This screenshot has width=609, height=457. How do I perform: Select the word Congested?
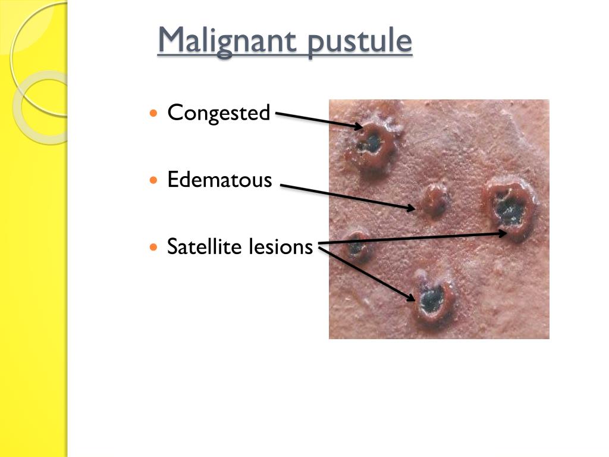[218, 112]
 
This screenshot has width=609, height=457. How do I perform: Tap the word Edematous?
[219, 179]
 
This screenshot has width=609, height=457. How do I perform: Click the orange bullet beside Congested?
[155, 112]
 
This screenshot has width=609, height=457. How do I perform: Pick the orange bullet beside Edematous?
[155, 179]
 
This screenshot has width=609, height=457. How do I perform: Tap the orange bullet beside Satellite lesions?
[155, 246]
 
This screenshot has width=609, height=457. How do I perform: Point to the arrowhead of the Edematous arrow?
[412, 208]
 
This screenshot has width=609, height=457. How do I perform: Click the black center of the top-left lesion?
[372, 142]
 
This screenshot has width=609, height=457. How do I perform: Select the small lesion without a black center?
[434, 202]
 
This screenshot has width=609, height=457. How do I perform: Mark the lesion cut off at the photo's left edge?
[356, 246]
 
